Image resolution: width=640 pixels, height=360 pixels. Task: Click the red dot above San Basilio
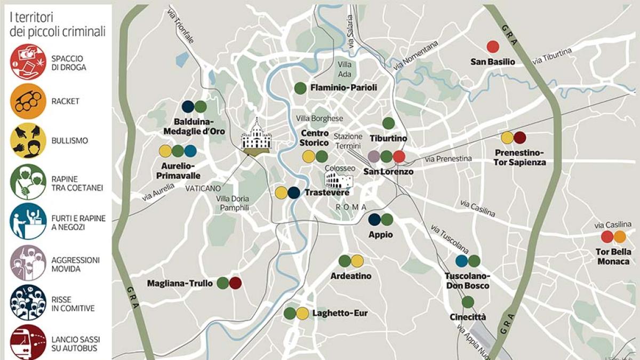pos(493,47)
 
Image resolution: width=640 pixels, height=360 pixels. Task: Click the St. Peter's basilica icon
pos(256,137)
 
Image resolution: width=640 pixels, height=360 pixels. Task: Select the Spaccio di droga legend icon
pos(28,62)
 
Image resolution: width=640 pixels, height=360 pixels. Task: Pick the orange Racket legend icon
pos(28,101)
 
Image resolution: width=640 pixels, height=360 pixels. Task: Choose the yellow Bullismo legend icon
pos(28,141)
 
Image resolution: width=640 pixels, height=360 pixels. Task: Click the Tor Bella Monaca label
pos(613,257)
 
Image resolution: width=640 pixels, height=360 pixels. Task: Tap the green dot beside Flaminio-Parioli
pos(300,88)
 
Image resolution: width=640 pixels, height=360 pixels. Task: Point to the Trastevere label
pos(326,193)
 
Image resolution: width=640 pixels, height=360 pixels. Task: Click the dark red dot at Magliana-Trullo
pos(235,283)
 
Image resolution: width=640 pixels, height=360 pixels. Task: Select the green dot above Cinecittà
pos(468,302)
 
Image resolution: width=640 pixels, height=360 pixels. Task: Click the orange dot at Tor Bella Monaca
pos(620,237)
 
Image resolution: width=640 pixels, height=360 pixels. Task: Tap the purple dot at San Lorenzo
pos(374,156)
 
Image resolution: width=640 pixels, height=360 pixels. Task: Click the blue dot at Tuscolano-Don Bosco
pos(461,261)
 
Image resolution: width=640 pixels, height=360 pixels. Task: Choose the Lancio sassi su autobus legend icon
pos(28,341)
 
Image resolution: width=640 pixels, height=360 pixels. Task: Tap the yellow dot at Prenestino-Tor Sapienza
pos(507,138)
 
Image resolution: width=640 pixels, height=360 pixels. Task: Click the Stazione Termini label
pos(348,141)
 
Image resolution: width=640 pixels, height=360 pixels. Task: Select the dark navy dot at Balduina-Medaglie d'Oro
pos(188,107)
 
